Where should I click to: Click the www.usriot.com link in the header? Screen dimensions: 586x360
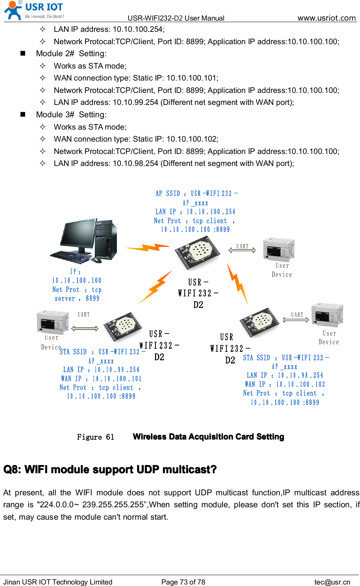(x=326, y=18)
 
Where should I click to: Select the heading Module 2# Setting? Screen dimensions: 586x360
(x=71, y=54)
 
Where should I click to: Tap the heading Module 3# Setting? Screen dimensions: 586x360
(x=71, y=115)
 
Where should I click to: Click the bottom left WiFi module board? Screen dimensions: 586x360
(x=123, y=326)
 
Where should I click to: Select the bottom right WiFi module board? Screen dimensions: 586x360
(x=260, y=322)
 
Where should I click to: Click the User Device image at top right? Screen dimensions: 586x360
(x=278, y=249)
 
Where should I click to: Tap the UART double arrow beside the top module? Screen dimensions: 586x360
(x=242, y=250)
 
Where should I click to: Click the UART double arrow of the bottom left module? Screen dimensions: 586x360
(x=85, y=329)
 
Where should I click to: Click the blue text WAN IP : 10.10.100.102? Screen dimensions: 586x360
(x=285, y=384)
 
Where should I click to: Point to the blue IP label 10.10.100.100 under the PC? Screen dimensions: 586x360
(x=77, y=281)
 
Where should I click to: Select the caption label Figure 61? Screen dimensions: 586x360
(x=96, y=437)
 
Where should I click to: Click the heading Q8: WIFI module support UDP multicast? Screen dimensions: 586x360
(x=110, y=470)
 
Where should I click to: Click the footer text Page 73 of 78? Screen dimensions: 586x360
(x=183, y=582)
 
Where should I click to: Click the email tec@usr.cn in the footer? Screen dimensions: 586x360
(x=332, y=582)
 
